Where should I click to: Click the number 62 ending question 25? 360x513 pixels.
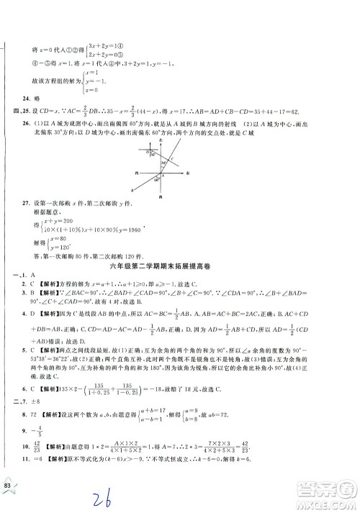317,114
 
